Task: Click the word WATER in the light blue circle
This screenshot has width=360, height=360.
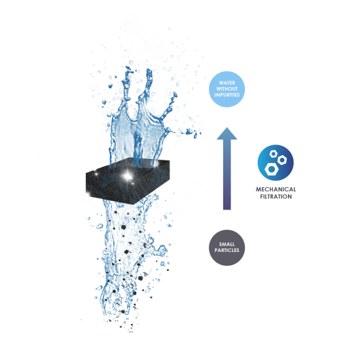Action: [227, 82]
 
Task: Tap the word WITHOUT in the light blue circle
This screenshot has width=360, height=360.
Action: [227, 88]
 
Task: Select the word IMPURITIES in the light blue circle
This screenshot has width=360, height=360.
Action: [227, 95]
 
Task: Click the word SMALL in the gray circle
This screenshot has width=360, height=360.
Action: [227, 244]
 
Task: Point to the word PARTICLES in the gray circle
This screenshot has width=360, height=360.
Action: [227, 250]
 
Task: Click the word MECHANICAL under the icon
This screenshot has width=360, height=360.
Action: [276, 189]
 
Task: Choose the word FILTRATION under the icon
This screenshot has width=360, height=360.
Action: [276, 196]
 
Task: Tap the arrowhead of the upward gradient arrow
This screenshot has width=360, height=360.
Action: [227, 134]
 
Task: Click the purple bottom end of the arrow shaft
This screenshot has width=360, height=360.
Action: [227, 207]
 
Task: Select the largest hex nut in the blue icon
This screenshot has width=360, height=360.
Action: [272, 169]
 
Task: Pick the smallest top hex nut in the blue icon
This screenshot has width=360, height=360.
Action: [273, 154]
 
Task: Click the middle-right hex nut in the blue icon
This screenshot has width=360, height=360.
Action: [282, 160]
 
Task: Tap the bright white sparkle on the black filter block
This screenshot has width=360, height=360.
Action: [127, 176]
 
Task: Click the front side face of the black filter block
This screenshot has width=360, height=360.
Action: [109, 188]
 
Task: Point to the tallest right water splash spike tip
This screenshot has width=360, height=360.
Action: [149, 69]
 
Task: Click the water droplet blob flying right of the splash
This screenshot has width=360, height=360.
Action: [190, 132]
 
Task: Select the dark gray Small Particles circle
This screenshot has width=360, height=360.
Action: [227, 247]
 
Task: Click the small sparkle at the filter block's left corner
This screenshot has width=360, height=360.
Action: [88, 194]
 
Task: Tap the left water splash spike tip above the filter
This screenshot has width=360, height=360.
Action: [128, 67]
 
